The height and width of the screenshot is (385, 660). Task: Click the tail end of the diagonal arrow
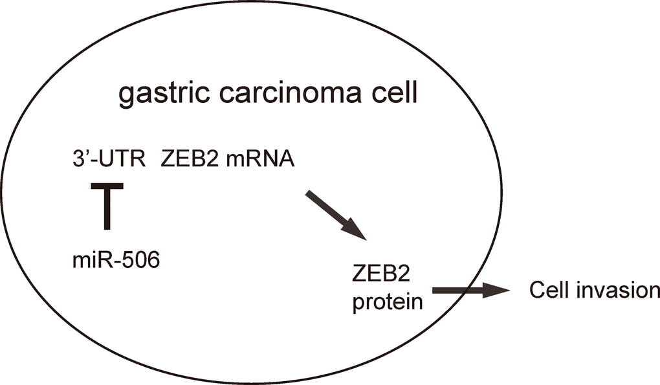pyautogui.click(x=309, y=193)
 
